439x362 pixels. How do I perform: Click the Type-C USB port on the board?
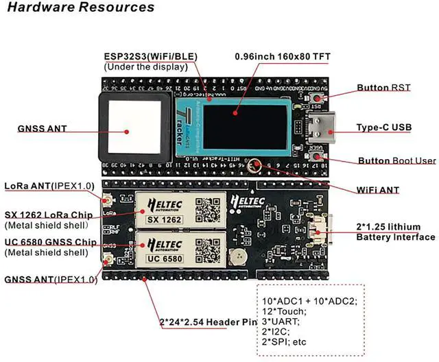(x=320, y=128)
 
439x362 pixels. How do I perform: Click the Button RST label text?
(x=383, y=88)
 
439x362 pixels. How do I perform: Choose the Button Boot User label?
(x=396, y=160)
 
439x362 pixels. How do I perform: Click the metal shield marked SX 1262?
(x=180, y=209)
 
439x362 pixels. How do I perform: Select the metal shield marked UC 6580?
(x=180, y=250)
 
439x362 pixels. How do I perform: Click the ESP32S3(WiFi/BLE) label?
(x=149, y=56)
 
